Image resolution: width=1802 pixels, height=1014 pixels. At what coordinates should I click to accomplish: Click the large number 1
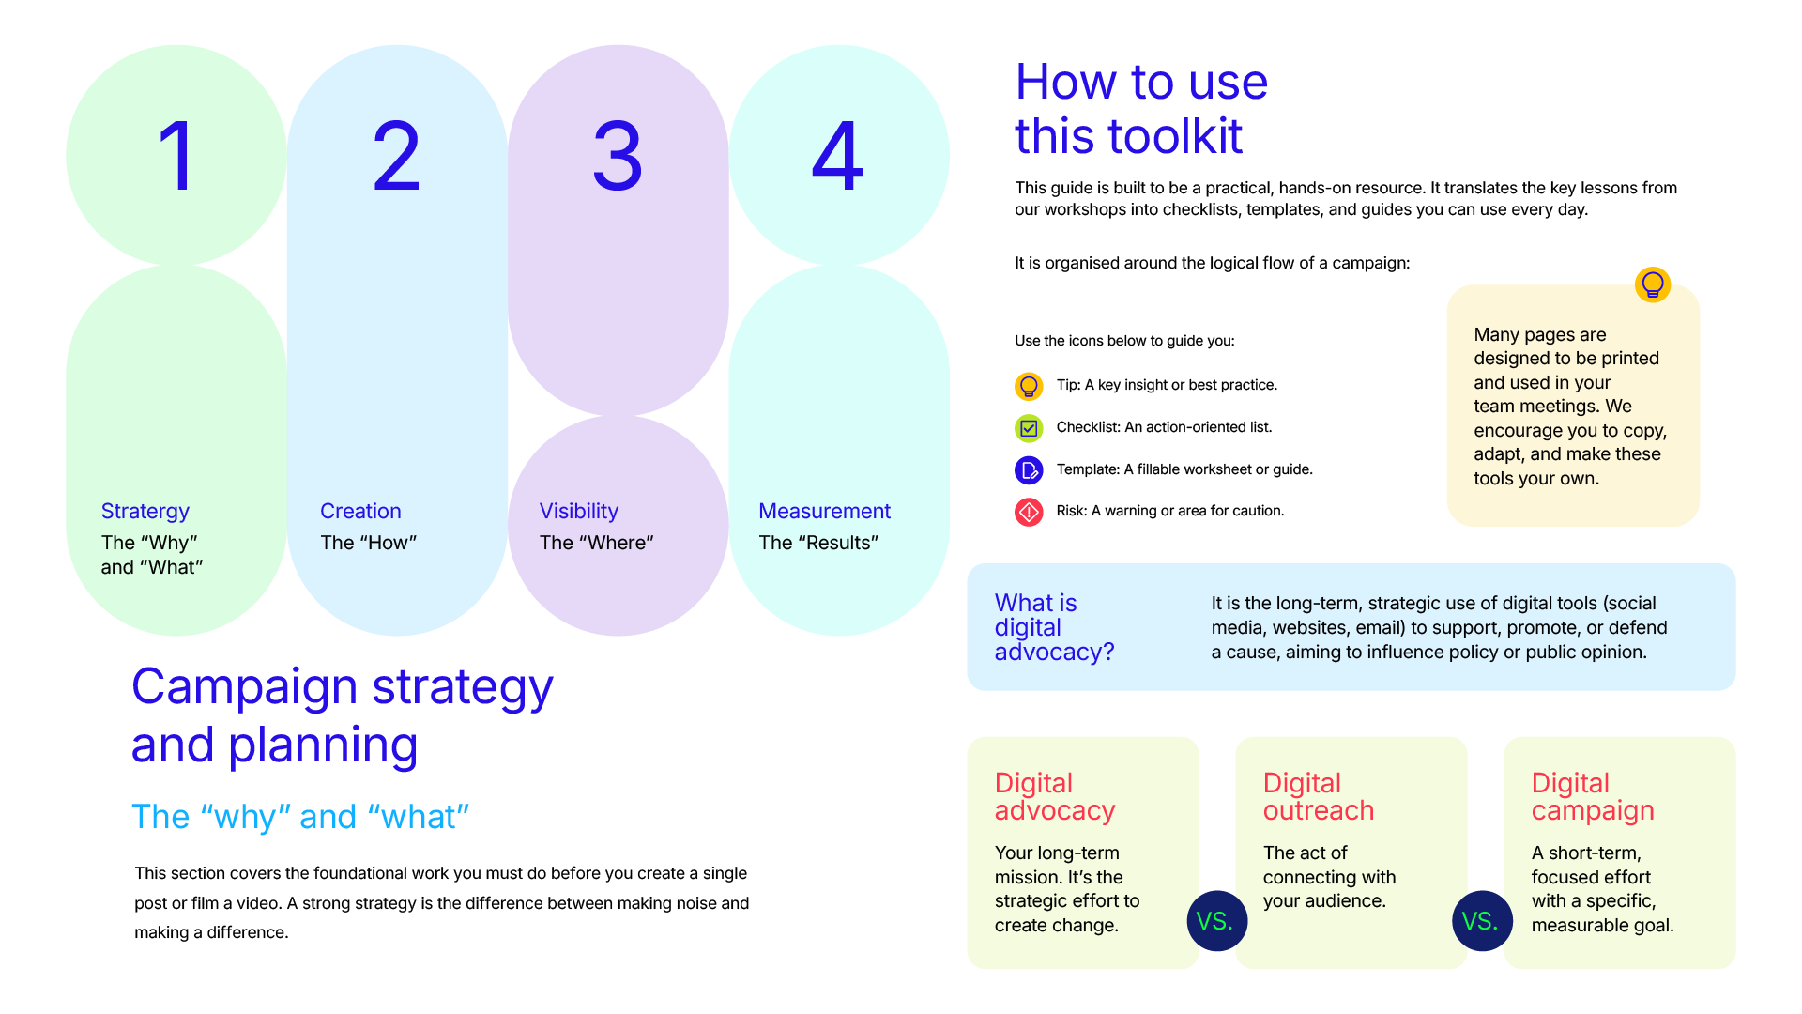pyautogui.click(x=176, y=156)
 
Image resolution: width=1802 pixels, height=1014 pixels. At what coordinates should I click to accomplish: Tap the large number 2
pyautogui.click(x=396, y=156)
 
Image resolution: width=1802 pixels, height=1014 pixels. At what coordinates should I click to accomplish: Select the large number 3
pyautogui.click(x=618, y=156)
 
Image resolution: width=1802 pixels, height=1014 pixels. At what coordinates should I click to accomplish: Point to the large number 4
pyautogui.click(x=837, y=156)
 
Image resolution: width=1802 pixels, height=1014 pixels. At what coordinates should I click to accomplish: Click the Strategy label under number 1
pyautogui.click(x=145, y=512)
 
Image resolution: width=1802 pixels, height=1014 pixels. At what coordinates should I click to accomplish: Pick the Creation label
pyautogui.click(x=360, y=511)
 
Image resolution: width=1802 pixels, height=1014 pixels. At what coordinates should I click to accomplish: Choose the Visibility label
pyautogui.click(x=579, y=512)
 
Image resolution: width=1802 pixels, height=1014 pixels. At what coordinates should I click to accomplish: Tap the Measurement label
pyautogui.click(x=824, y=511)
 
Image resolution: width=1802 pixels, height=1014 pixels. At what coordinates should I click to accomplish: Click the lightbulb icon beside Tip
pyautogui.click(x=1029, y=386)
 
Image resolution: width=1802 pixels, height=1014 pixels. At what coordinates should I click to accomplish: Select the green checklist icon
pyautogui.click(x=1029, y=428)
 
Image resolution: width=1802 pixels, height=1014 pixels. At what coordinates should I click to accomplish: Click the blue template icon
pyautogui.click(x=1029, y=469)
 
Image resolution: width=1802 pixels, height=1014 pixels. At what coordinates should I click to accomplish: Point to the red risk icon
pyautogui.click(x=1029, y=512)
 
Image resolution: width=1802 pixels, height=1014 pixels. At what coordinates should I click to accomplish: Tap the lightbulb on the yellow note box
pyautogui.click(x=1653, y=284)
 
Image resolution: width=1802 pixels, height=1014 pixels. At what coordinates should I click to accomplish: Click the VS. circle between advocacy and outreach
pyautogui.click(x=1216, y=921)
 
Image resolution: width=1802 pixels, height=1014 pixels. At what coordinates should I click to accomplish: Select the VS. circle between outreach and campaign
pyautogui.click(x=1482, y=921)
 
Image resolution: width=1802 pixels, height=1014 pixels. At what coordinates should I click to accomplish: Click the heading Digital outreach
pyautogui.click(x=1318, y=796)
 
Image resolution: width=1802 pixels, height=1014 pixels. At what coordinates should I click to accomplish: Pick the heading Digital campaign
pyautogui.click(x=1593, y=796)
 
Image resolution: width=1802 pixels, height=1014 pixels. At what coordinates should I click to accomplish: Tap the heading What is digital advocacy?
pyautogui.click(x=1054, y=627)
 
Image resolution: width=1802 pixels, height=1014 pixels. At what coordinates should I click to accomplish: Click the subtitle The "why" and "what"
pyautogui.click(x=300, y=817)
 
